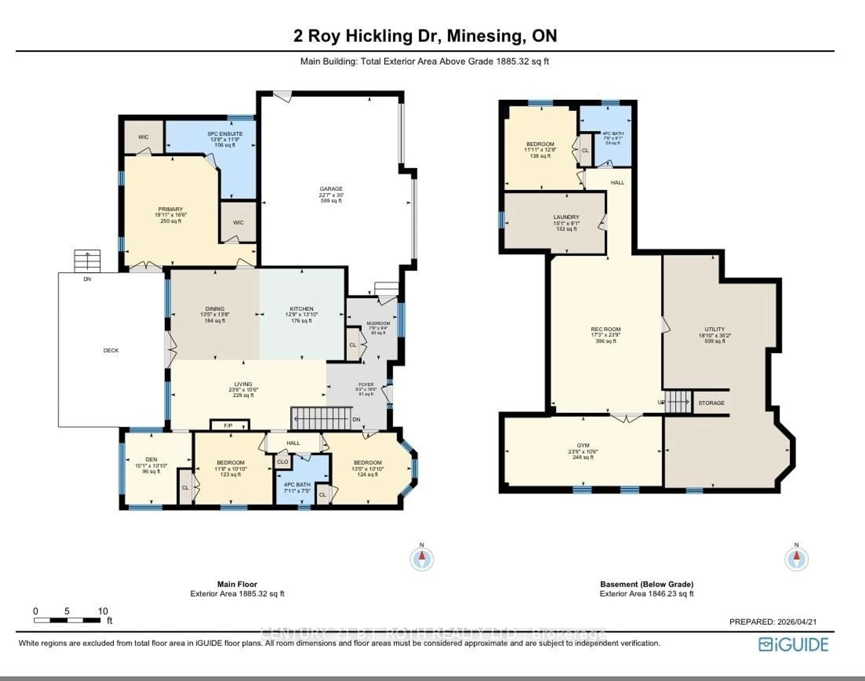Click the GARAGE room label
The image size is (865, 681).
pyautogui.click(x=331, y=189)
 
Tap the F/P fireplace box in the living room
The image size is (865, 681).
pyautogui.click(x=229, y=425)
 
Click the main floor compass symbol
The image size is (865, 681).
pyautogui.click(x=422, y=559)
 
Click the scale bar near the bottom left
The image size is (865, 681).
pyautogui.click(x=67, y=620)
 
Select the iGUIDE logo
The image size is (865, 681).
pyautogui.click(x=793, y=645)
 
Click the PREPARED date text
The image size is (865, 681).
pyautogui.click(x=772, y=622)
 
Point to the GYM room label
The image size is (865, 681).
pyautogui.click(x=583, y=445)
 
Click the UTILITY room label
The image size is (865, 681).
pyautogui.click(x=714, y=329)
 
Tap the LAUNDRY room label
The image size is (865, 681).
pyautogui.click(x=566, y=217)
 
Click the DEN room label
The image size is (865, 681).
pyautogui.click(x=151, y=459)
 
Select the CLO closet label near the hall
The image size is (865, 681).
pyautogui.click(x=282, y=462)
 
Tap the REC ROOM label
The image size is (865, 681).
pyautogui.click(x=605, y=329)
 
